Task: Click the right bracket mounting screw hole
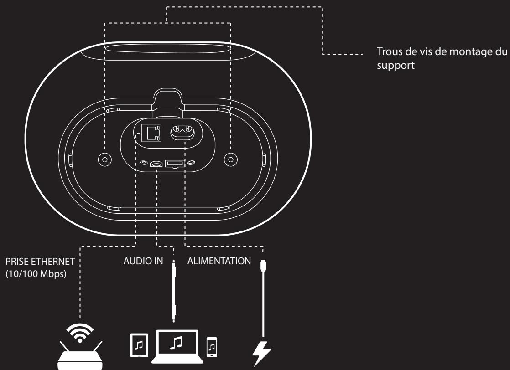230,158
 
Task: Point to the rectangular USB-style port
174,163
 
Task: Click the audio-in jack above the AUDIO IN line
156,163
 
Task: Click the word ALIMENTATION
219,262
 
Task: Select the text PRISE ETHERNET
39,262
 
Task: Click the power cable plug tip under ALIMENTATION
263,264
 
